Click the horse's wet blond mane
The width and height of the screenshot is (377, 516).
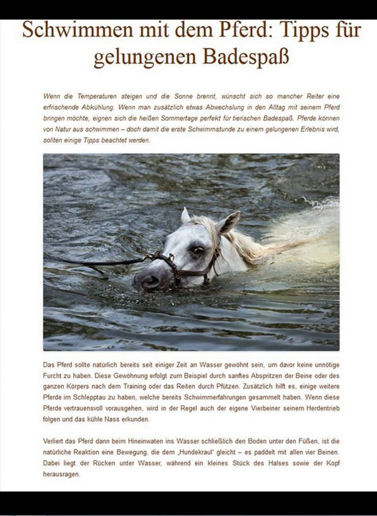(x=242, y=244)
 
